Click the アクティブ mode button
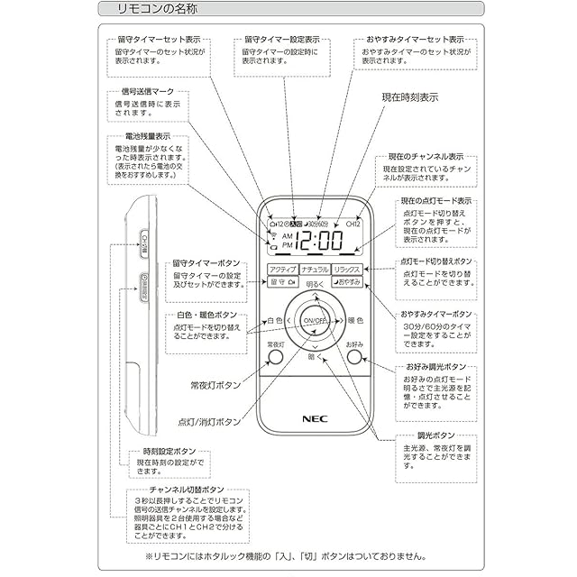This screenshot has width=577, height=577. [x=282, y=269]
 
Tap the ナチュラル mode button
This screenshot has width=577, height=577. [x=315, y=269]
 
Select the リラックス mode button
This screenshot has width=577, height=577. [x=347, y=269]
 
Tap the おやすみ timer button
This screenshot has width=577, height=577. [x=347, y=282]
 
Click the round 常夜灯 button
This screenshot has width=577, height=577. [x=275, y=357]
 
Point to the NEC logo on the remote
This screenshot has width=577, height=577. [x=312, y=417]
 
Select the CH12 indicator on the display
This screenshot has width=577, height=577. [x=353, y=223]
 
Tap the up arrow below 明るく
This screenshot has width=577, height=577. [x=314, y=297]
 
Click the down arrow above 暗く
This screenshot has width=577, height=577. [x=314, y=345]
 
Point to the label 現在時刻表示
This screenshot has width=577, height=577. [x=410, y=96]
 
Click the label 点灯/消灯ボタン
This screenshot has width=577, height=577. [x=209, y=421]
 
